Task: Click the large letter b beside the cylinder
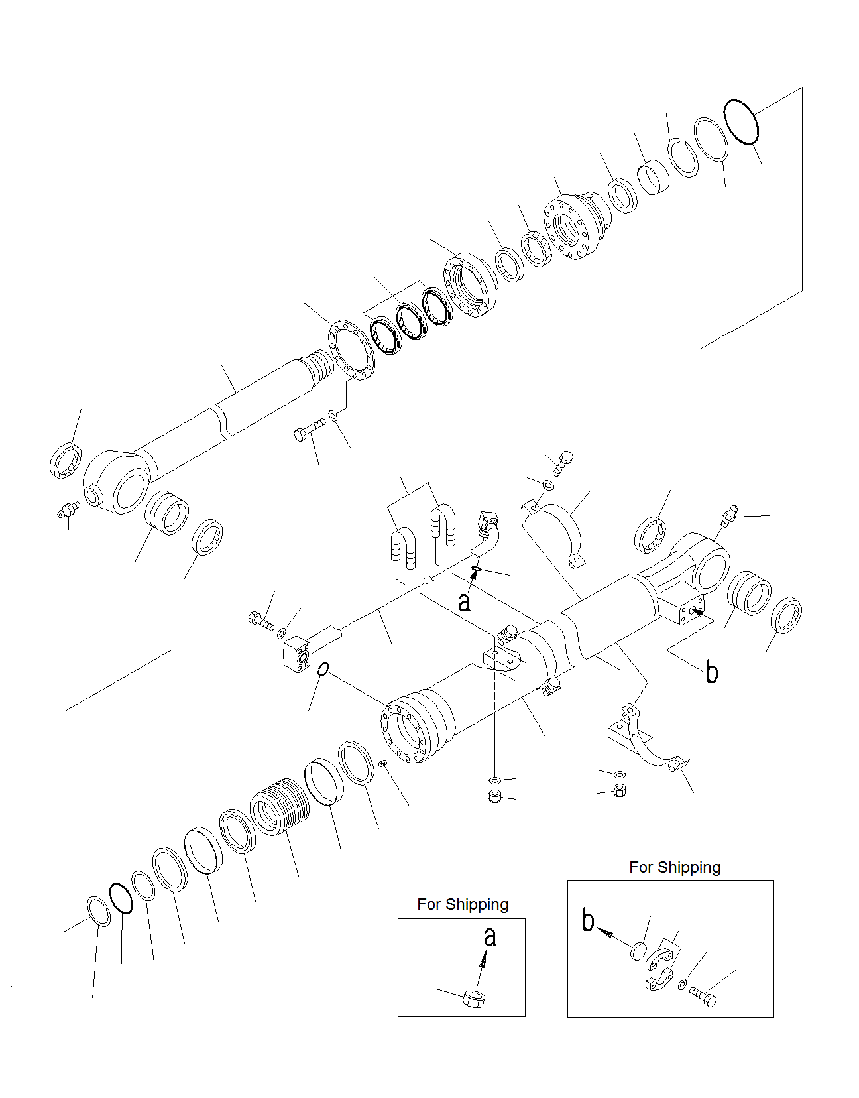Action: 712,672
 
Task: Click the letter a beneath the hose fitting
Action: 465,601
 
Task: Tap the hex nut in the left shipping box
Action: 474,998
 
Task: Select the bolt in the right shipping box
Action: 703,996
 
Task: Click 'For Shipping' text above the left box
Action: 463,904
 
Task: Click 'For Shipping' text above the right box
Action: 674,867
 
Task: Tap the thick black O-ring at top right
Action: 740,121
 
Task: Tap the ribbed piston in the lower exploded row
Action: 280,806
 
